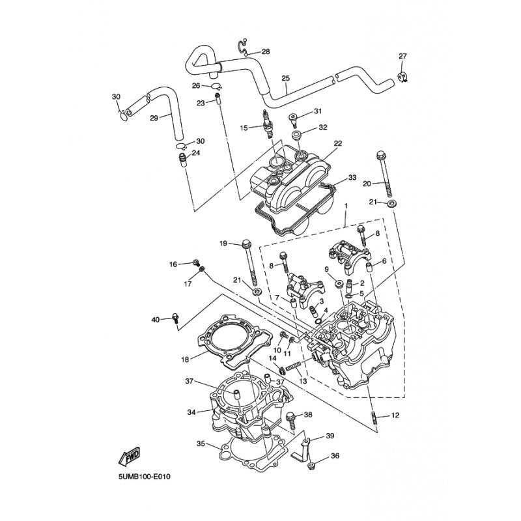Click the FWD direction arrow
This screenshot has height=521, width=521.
pos(130,455)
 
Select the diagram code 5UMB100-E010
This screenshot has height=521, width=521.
pos(144,477)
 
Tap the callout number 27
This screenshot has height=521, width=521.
pos(402,56)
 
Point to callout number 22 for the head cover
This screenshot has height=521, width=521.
pos(338,143)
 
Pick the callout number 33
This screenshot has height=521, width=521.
pos(352,177)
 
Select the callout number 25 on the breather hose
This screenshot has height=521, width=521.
pos(285,78)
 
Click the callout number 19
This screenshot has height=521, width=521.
pos(223,244)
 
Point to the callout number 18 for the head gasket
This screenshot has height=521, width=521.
pos(185,359)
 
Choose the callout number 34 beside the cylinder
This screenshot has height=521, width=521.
pos(191,412)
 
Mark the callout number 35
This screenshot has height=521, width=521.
pos(201,444)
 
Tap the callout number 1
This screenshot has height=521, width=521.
pos(346,206)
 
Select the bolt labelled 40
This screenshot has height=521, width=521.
pos(175,318)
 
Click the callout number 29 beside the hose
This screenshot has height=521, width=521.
pos(154,118)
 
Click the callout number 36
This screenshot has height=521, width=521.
pos(335,456)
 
